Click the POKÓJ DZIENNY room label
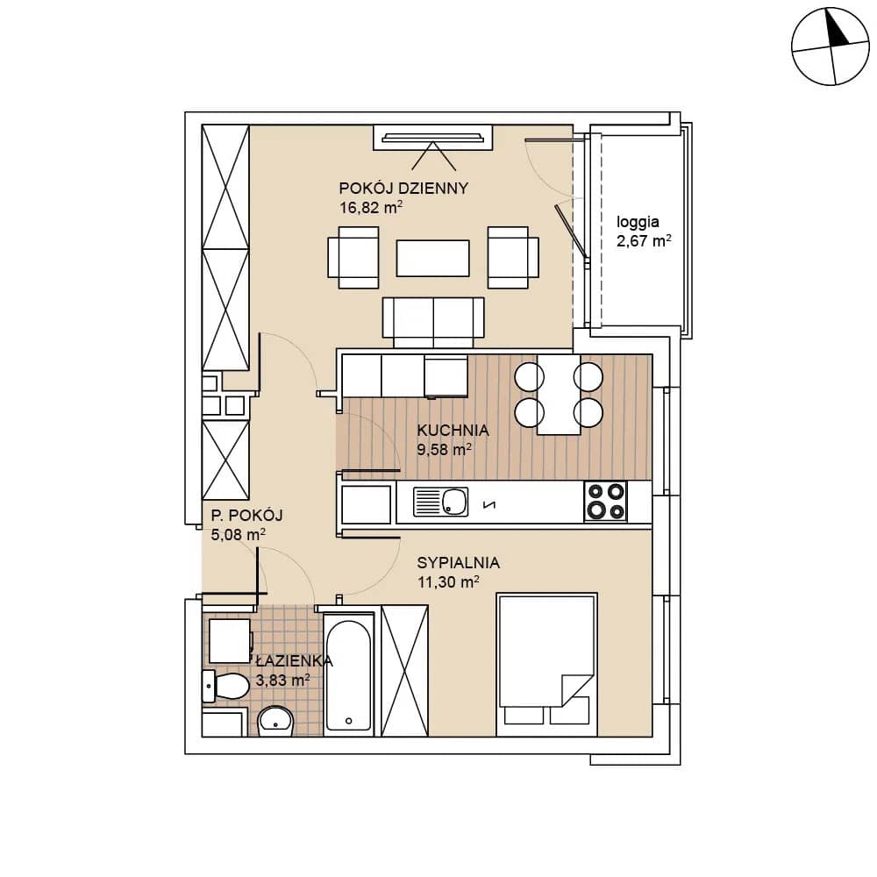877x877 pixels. (x=403, y=189)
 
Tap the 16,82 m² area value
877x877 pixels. (x=371, y=208)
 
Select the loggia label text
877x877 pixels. (x=638, y=223)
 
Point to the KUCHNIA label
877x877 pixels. (x=453, y=430)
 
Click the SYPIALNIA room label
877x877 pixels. (x=458, y=563)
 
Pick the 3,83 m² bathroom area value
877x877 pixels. (x=282, y=681)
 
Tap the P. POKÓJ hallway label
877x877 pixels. (x=246, y=515)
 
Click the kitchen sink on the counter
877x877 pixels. (x=441, y=501)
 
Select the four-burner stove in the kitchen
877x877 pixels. (x=606, y=501)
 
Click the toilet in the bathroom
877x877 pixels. (x=225, y=686)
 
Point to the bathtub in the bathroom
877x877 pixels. (x=348, y=675)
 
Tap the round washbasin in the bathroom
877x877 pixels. (x=275, y=721)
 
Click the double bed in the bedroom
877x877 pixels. (x=547, y=665)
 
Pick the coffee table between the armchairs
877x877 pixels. (x=433, y=258)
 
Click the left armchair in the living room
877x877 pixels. (x=353, y=257)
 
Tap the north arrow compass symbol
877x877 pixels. (x=831, y=46)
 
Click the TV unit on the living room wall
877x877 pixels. (x=433, y=138)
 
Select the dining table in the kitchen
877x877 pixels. (x=560, y=395)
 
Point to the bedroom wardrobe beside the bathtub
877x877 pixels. (x=404, y=671)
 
